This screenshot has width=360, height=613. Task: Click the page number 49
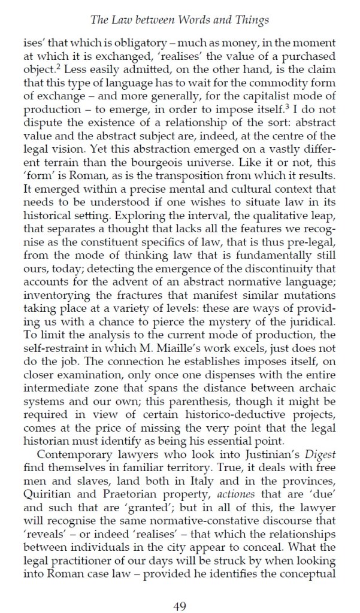(x=180, y=590)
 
